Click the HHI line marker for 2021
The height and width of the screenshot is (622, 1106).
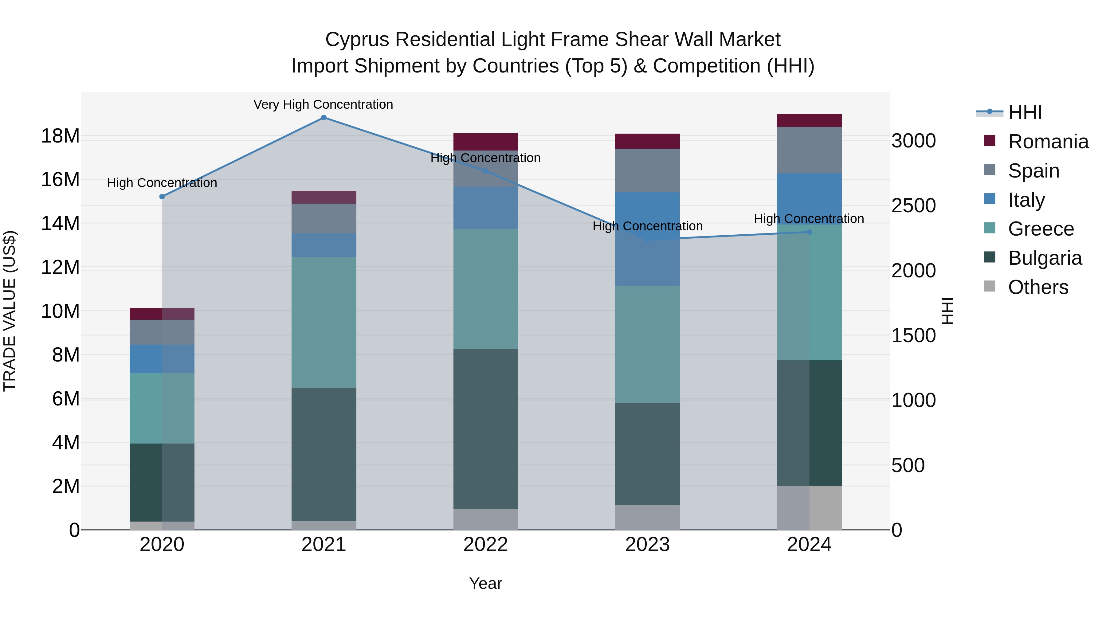(324, 118)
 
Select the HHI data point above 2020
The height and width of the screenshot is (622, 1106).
(162, 197)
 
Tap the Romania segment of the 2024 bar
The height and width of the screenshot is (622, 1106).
(809, 121)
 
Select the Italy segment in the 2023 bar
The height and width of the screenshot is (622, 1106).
(647, 239)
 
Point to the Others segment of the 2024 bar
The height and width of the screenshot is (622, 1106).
(809, 507)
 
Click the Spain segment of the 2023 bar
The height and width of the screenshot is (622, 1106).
(647, 170)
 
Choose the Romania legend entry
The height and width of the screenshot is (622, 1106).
(1048, 142)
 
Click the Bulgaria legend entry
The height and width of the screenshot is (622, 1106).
(1045, 258)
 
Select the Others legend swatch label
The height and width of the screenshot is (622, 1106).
(1038, 287)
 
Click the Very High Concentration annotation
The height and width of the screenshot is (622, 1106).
(323, 105)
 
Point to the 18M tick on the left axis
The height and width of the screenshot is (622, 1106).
(60, 136)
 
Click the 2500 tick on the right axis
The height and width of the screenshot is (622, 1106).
(913, 205)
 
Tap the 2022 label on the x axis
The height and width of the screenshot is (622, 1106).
(486, 545)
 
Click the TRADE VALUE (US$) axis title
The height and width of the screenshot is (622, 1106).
(10, 311)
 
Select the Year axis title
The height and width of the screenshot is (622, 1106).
(486, 583)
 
